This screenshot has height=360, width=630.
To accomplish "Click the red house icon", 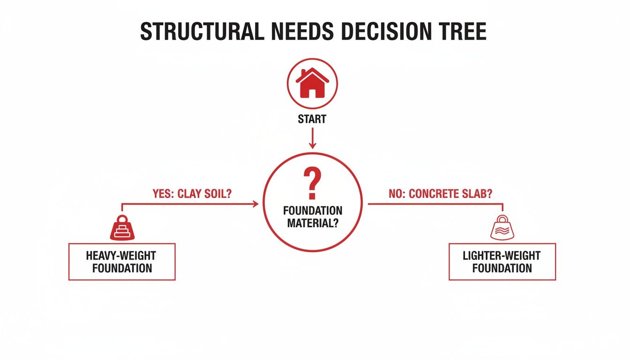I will coord(312,84).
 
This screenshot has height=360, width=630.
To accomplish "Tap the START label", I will coord(312,120).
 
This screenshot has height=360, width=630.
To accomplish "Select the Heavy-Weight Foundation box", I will coord(122,262).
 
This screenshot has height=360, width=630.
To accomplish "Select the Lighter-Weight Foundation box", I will coord(502,262).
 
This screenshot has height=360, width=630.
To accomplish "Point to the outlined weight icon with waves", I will coord(502,228).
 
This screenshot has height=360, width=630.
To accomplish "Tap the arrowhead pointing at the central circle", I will coord(255,204).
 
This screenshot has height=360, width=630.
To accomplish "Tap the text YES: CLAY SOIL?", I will coord(192,194).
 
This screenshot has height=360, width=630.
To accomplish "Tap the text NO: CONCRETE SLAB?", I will coord(441,194).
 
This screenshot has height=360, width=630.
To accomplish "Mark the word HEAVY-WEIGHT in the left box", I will coord(121,255).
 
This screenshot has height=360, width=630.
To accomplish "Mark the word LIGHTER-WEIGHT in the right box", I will coord(502,255).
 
